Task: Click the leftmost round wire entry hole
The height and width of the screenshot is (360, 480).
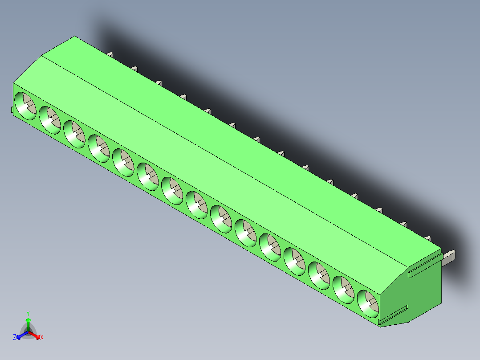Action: [x=25, y=106]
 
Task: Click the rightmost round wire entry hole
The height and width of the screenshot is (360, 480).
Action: [x=368, y=303]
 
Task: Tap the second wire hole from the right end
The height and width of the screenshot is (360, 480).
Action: [x=344, y=289]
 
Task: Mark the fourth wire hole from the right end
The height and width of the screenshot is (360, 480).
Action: [x=295, y=261]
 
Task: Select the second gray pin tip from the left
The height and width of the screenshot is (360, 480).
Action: [x=134, y=68]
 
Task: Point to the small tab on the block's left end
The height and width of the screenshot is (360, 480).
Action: [x=12, y=110]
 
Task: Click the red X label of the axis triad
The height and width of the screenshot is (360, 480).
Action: [x=42, y=338]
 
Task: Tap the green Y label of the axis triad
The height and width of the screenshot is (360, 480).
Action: [x=28, y=313]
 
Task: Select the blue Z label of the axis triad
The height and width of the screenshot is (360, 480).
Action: [x=15, y=338]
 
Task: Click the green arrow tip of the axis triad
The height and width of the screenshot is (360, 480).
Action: [x=28, y=320]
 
